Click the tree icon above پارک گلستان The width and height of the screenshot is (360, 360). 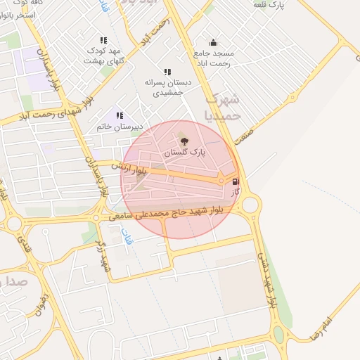[185, 141]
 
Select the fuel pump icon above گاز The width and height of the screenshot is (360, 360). [235, 181]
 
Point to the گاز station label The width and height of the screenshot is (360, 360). [236, 191]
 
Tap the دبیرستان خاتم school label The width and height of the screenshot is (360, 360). [120, 127]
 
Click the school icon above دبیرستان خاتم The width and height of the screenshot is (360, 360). [120, 115]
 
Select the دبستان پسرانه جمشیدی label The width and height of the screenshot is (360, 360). [164, 87]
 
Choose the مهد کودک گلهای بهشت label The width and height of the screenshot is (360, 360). [103, 56]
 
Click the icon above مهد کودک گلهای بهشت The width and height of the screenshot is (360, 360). [104, 41]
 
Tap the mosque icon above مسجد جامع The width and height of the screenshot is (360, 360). [214, 42]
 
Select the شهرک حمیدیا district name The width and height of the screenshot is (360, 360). [226, 105]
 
